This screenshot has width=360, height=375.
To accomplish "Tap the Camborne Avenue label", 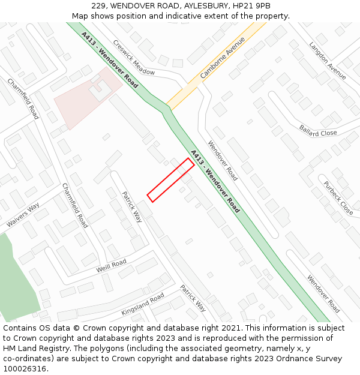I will pyautogui.click(x=223, y=58).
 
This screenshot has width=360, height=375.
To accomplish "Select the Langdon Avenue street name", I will pyautogui.click(x=328, y=60).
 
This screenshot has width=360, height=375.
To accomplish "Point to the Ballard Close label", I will pyautogui.click(x=318, y=130).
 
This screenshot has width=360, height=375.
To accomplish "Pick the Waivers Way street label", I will pyautogui.click(x=23, y=215).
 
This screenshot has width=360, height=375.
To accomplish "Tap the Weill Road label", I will pyautogui.click(x=111, y=266).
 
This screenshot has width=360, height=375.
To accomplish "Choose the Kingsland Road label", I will pyautogui.click(x=143, y=304).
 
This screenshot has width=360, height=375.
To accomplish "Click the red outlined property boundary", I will pyautogui.click(x=170, y=180).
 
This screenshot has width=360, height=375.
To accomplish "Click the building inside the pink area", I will pyautogui.click(x=100, y=90).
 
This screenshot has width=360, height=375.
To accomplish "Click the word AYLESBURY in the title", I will pyautogui.click(x=203, y=6).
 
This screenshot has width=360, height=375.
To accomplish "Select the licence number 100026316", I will pyautogui.click(x=26, y=369).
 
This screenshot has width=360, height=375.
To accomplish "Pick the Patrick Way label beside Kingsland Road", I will pyautogui.click(x=193, y=298).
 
